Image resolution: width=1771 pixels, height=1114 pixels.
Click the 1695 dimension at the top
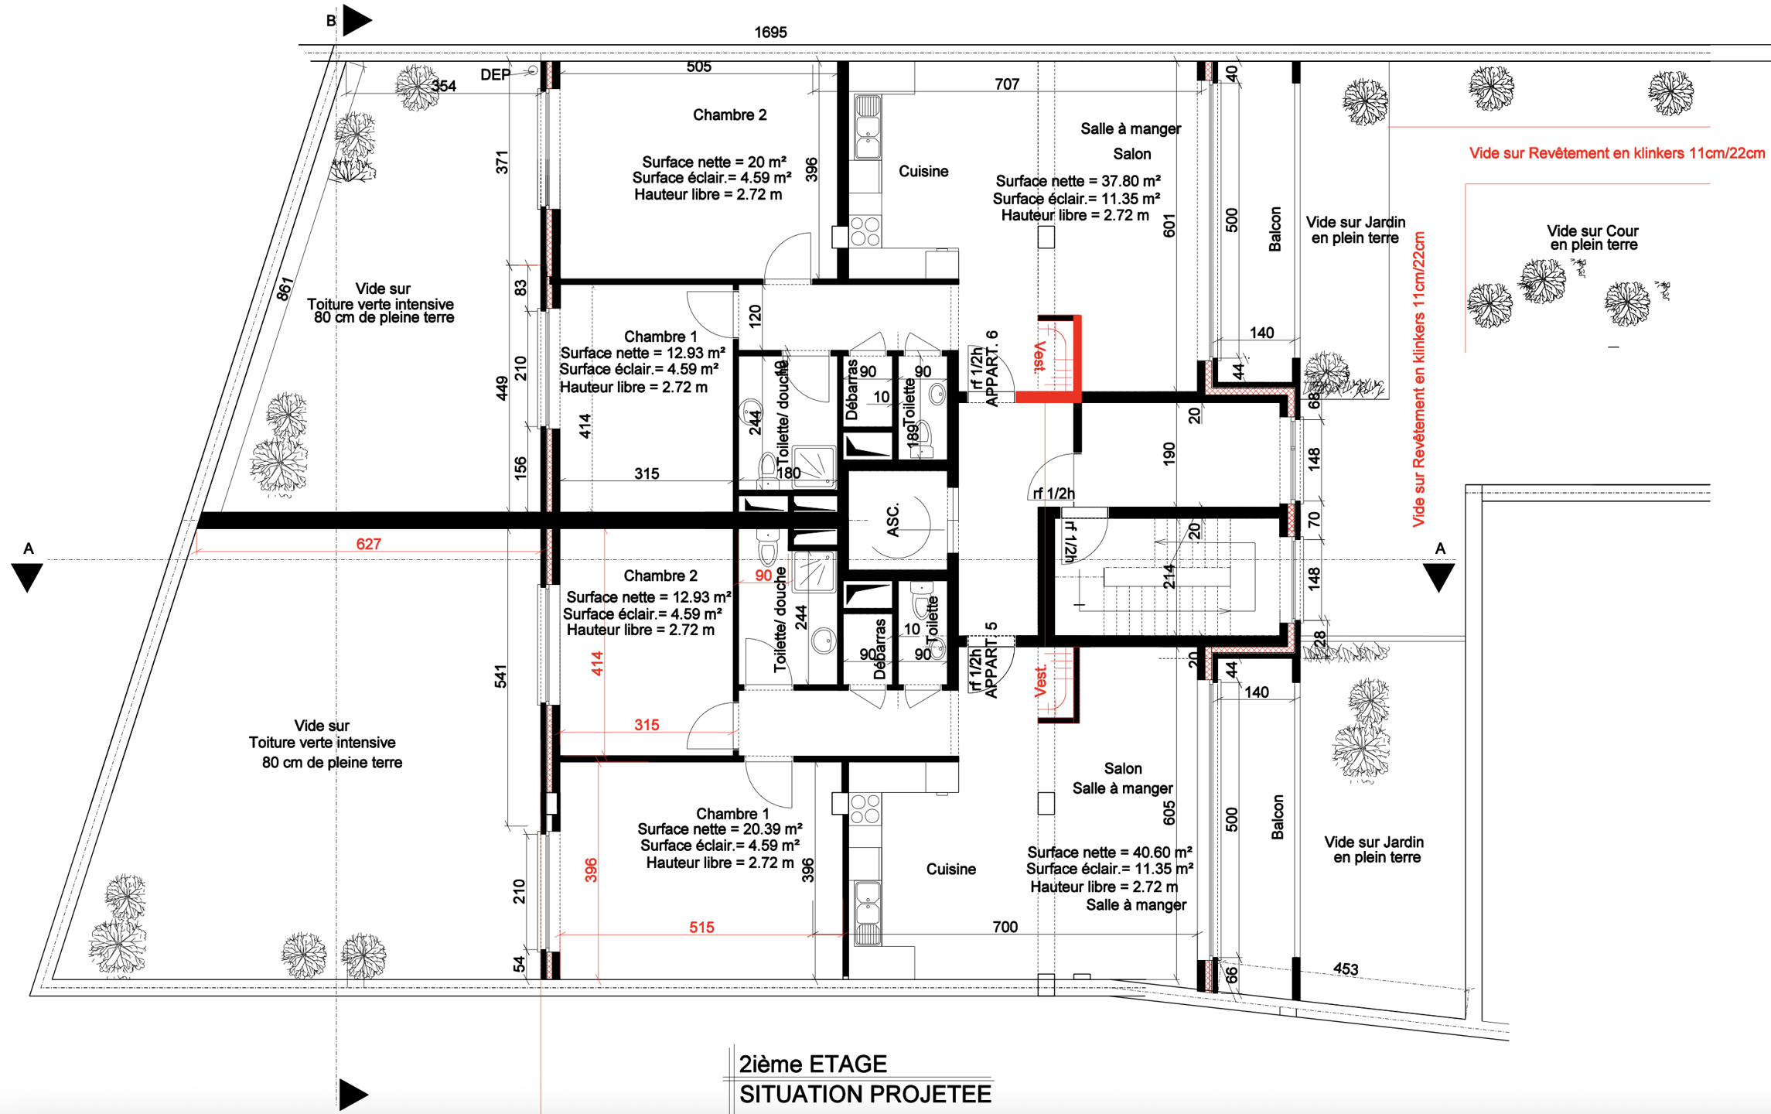(x=770, y=32)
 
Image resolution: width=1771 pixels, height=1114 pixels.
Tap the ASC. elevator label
(x=893, y=521)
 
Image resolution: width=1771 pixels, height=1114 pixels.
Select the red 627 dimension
(x=368, y=544)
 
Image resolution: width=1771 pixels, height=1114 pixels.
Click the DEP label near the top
(x=496, y=75)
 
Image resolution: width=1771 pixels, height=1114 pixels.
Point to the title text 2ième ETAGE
(x=813, y=1064)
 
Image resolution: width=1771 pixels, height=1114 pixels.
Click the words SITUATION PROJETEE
(x=865, y=1095)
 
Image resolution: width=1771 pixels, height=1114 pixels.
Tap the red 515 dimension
(x=701, y=927)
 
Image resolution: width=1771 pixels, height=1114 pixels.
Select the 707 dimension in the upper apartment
(x=1007, y=84)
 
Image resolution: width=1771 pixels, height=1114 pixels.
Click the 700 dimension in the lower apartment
(x=1005, y=927)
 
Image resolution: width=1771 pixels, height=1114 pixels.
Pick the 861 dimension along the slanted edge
(x=285, y=289)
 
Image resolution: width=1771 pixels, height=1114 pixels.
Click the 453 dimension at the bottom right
(x=1346, y=969)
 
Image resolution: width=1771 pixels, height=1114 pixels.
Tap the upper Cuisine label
(x=923, y=172)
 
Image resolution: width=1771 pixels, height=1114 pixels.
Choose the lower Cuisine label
(x=950, y=870)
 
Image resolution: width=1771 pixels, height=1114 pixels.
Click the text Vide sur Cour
(x=1592, y=231)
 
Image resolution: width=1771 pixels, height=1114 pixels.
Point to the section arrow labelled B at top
(x=357, y=21)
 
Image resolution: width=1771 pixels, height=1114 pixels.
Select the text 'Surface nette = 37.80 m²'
(x=1077, y=181)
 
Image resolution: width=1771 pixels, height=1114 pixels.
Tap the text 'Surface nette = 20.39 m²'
(x=719, y=829)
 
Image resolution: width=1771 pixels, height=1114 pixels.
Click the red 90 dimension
(x=763, y=576)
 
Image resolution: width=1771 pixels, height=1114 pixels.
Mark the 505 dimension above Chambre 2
(x=698, y=67)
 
